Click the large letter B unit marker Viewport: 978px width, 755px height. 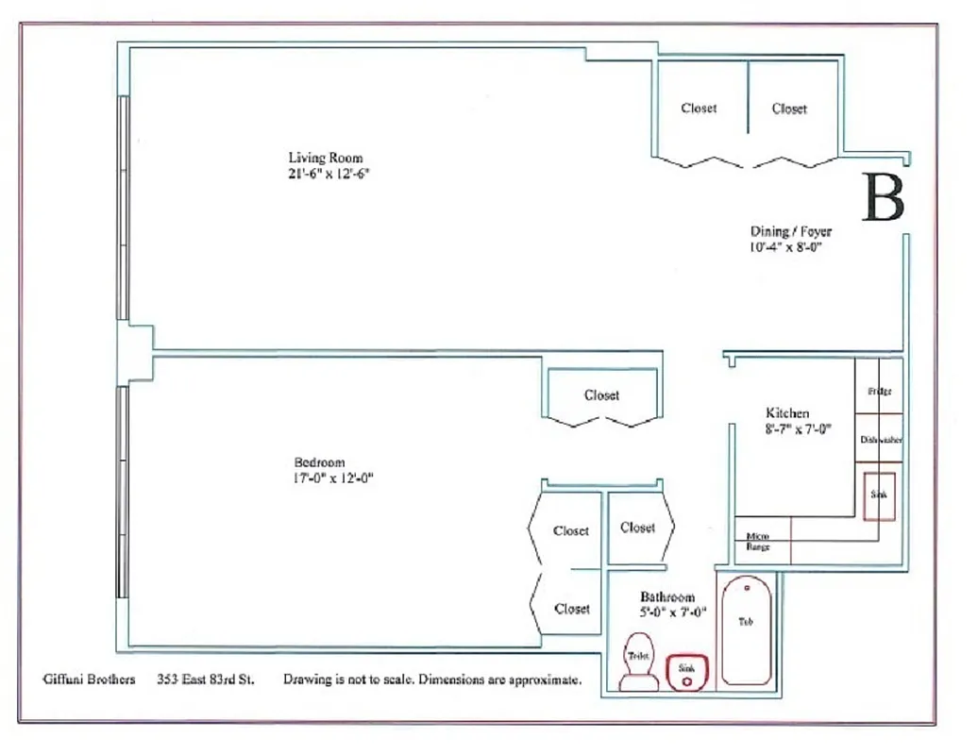(x=884, y=199)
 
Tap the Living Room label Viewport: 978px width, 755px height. (x=326, y=158)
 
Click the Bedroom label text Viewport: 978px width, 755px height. (x=319, y=462)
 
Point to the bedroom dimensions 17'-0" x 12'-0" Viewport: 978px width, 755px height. (x=334, y=478)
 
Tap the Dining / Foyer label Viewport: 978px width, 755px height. (x=791, y=231)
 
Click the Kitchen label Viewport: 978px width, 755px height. (x=787, y=413)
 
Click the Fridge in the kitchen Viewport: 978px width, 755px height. (x=879, y=391)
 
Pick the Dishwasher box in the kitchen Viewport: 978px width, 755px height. (x=881, y=440)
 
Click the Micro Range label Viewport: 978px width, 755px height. (x=758, y=542)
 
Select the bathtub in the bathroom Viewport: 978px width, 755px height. (x=747, y=629)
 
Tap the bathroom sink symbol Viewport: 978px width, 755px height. (x=685, y=670)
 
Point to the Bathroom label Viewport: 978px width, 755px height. (x=667, y=597)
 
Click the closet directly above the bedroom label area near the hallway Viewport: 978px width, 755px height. (x=601, y=395)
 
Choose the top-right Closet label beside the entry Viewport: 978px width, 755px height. (x=789, y=109)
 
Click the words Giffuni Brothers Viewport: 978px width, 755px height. (x=89, y=679)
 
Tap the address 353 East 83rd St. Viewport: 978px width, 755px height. (x=206, y=679)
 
